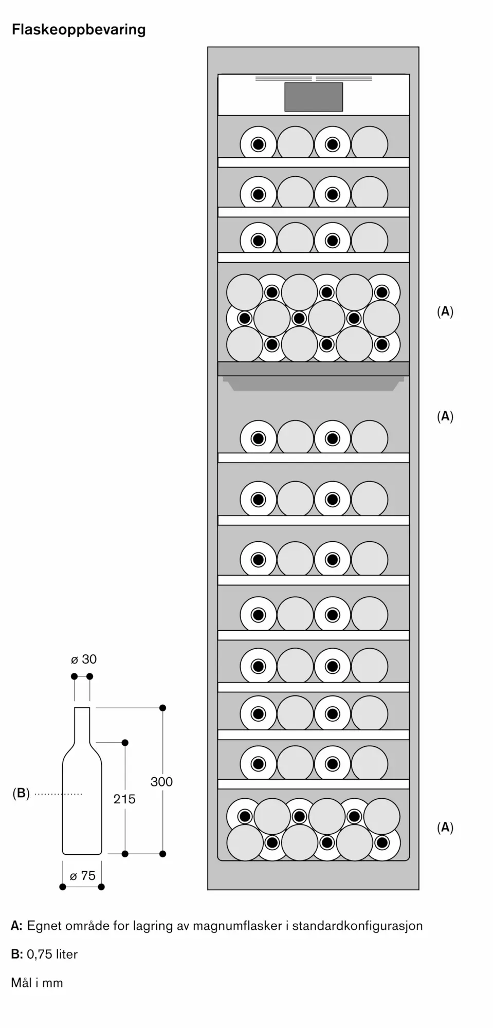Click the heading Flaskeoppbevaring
point(79,30)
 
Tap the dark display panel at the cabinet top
point(314,97)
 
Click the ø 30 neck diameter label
point(84,659)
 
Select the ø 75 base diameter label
point(83,876)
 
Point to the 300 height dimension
point(161,782)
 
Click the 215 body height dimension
point(124,799)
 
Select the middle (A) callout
point(445,416)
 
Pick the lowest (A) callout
point(445,827)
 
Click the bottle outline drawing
point(82,792)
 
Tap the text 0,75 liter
point(52,954)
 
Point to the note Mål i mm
point(37,982)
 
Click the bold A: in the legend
point(16,926)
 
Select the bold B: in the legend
point(16,954)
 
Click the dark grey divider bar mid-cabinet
point(314,369)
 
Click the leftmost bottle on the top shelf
point(258,144)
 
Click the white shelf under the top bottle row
point(314,162)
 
